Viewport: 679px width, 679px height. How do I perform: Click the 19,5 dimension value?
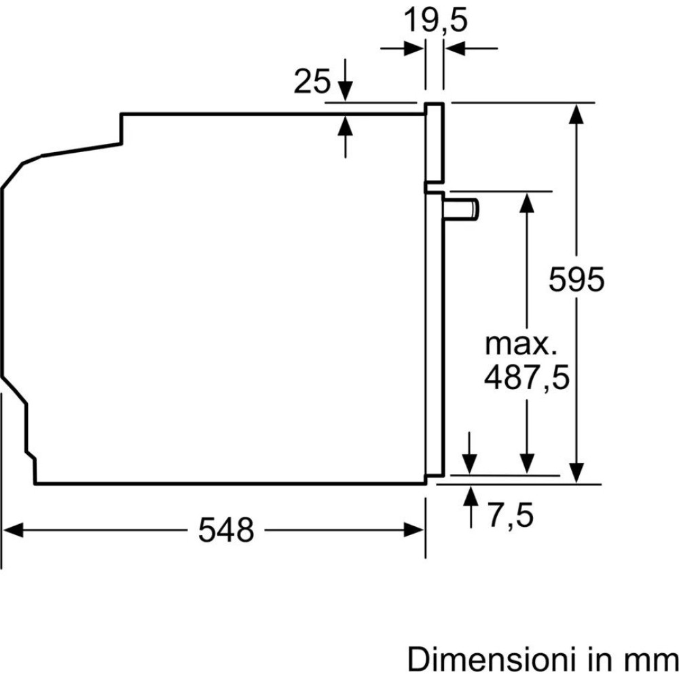pyautogui.click(x=436, y=20)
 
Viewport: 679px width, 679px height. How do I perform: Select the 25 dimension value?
pyautogui.click(x=312, y=81)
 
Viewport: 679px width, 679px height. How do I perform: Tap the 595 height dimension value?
pyautogui.click(x=576, y=279)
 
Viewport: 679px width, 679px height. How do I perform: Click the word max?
pyautogui.click(x=521, y=344)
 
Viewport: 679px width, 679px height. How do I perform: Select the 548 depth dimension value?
pyautogui.click(x=226, y=530)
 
